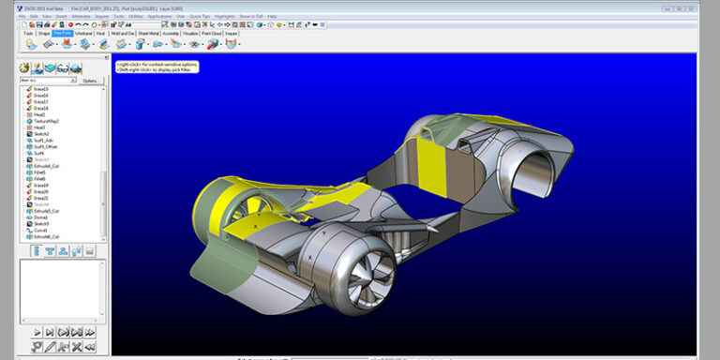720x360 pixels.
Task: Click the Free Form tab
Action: [x=63, y=33]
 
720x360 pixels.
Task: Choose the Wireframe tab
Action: [x=83, y=33]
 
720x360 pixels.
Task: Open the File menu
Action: [x=22, y=16]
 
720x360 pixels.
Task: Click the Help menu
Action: [x=273, y=16]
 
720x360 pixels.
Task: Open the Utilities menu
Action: [x=137, y=16]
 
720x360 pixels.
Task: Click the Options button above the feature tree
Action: [x=90, y=82]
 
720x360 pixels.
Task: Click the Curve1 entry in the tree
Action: [x=41, y=231]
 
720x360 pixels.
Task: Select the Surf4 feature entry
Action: [x=39, y=153]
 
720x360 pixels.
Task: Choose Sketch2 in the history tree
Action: [x=41, y=134]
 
